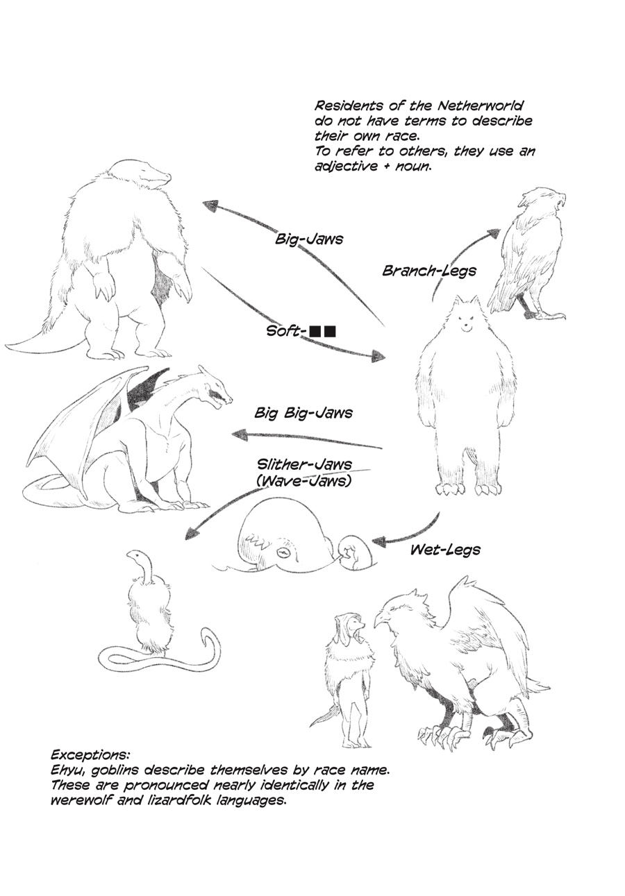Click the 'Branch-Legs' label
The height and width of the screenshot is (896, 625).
tap(429, 271)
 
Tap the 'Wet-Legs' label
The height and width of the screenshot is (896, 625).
tap(445, 550)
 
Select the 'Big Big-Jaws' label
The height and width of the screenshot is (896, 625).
tap(303, 413)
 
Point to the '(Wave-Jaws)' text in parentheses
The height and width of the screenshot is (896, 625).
tap(303, 480)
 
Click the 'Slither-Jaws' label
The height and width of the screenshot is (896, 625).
tap(304, 464)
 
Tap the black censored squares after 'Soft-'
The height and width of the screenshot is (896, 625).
tap(323, 332)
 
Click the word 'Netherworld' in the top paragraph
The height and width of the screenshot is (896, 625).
tap(480, 105)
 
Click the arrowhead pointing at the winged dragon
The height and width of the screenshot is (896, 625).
tap(240, 434)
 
